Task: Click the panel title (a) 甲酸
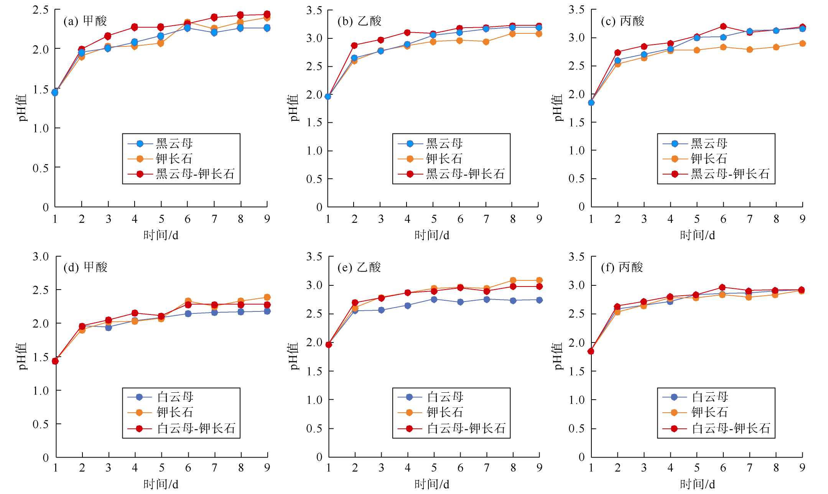[x=85, y=21]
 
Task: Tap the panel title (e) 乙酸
[x=359, y=267]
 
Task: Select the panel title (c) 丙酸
[x=622, y=21]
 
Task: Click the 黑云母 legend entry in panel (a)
[x=174, y=144]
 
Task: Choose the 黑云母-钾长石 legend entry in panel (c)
[x=730, y=174]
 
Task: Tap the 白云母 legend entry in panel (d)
[x=175, y=397]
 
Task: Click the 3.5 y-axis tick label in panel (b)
[x=314, y=10]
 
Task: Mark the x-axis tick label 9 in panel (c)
[x=802, y=219]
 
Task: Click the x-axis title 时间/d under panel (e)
[x=432, y=484]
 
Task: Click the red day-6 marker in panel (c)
[x=723, y=26]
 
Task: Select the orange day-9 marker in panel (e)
[x=539, y=280]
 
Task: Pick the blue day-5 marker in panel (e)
[x=434, y=300]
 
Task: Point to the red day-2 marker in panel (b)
[x=354, y=45]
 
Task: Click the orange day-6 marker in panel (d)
[x=188, y=301]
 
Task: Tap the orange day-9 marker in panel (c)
[x=802, y=43]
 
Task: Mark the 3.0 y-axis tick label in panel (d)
[x=41, y=257]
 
